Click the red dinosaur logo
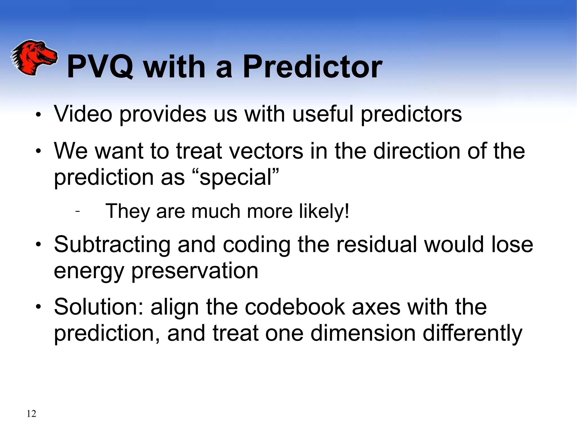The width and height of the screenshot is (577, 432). coord(34,57)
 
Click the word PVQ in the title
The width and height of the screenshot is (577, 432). coord(100,67)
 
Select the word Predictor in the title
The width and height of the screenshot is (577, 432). coord(312,67)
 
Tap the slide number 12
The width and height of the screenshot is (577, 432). coord(31,414)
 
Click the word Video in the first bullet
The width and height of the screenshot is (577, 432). coord(83,114)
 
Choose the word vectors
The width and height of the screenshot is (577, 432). coord(266,151)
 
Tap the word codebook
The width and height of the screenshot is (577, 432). coord(295,307)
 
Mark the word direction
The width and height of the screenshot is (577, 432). coord(417,151)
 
